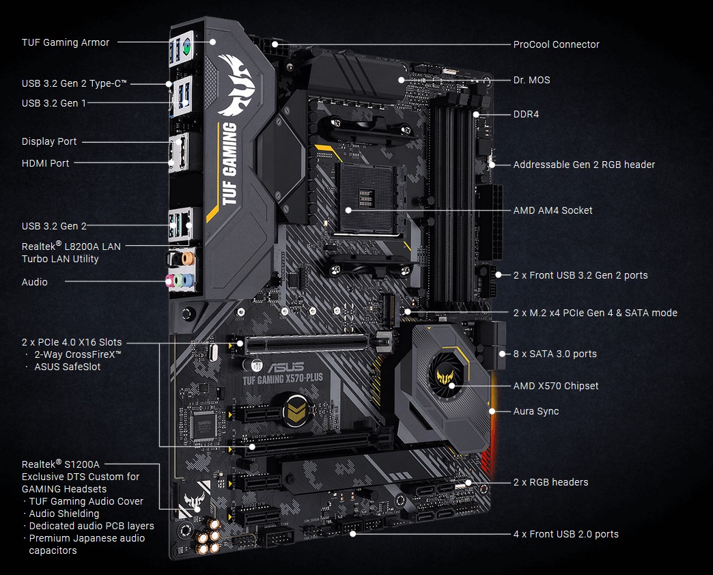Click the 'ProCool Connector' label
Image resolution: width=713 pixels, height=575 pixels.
click(556, 44)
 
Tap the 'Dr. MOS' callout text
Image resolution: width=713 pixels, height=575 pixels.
click(531, 80)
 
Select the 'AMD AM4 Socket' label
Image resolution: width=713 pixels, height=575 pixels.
click(553, 210)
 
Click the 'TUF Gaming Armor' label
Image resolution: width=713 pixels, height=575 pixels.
click(65, 42)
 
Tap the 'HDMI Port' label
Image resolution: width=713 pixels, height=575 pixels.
click(45, 163)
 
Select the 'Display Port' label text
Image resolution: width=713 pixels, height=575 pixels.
click(49, 141)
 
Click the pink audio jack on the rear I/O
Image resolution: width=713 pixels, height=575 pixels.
click(171, 280)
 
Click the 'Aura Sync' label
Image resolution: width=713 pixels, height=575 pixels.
click(535, 411)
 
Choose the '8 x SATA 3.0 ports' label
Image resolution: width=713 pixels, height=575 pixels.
click(555, 354)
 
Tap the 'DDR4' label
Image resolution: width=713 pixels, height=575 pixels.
click(526, 114)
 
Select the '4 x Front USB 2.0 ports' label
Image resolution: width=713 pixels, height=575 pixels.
click(565, 534)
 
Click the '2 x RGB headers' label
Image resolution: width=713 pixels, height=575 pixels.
click(550, 482)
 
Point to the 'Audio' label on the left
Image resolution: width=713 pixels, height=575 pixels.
click(34, 282)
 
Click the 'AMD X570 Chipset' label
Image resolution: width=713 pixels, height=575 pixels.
click(555, 386)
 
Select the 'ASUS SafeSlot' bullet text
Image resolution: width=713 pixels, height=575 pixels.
click(67, 367)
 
